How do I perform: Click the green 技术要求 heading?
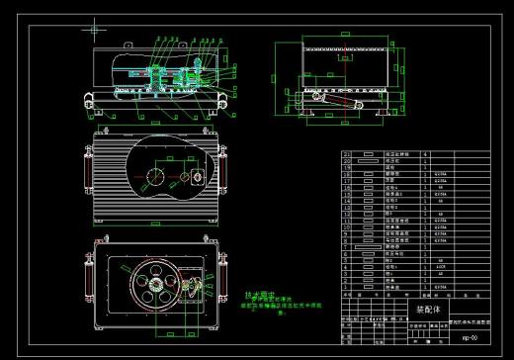click(x=258, y=295)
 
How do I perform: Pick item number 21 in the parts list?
click(x=347, y=155)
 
